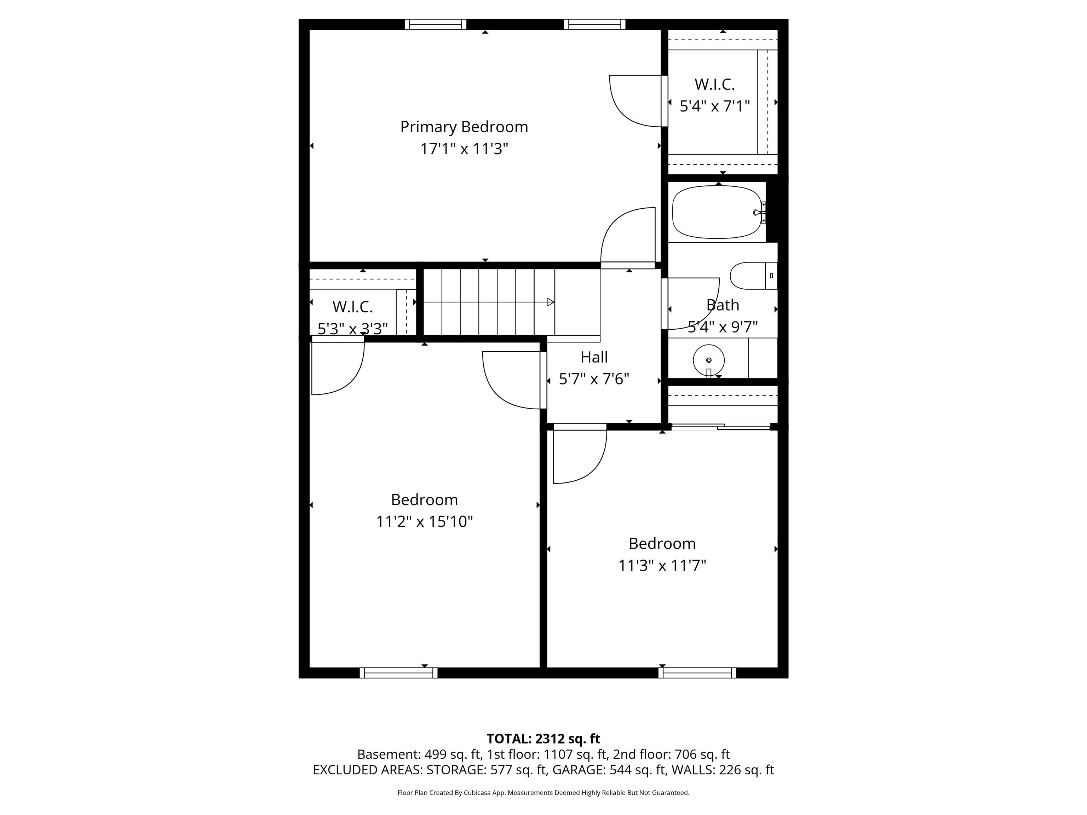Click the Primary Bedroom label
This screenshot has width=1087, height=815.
464,127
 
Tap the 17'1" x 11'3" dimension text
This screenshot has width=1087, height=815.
464,148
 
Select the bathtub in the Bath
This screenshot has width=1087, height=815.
717,212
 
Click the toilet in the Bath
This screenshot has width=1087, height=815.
752,276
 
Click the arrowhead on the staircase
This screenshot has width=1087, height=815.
551,302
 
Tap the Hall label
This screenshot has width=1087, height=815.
594,357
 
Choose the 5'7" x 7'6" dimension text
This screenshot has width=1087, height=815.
594,379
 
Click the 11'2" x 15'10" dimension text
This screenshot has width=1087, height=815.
424,521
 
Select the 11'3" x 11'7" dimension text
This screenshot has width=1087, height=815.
662,565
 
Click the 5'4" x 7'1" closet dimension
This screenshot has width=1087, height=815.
714,106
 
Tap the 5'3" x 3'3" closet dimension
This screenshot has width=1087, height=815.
352,328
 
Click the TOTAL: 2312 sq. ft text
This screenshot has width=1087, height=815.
543,739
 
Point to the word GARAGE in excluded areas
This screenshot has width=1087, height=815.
579,770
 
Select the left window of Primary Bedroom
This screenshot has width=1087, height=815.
435,24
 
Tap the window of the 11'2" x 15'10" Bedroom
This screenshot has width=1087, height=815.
398,672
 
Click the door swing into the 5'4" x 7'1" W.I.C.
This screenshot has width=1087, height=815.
636,101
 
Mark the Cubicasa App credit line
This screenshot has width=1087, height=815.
543,792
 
